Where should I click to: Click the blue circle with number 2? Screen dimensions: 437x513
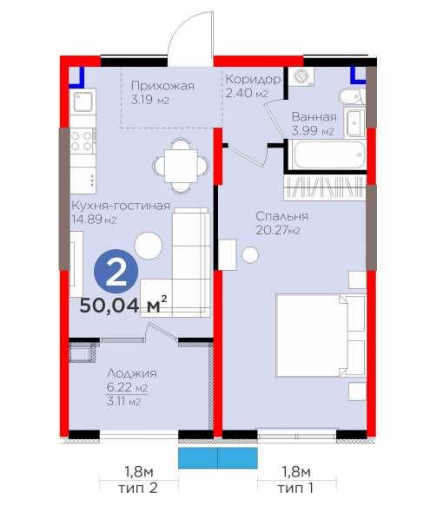click(x=116, y=272)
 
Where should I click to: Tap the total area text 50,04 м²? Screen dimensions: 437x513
click(x=123, y=305)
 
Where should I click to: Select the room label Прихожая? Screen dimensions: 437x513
click(x=162, y=86)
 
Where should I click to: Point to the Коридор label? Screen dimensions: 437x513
click(x=253, y=79)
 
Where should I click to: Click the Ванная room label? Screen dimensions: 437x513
click(x=315, y=117)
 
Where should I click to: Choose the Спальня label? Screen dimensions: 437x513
click(x=281, y=216)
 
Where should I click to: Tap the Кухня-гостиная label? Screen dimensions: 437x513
click(x=121, y=206)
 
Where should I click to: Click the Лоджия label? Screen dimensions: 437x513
click(x=132, y=373)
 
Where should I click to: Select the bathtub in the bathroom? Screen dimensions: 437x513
click(x=329, y=155)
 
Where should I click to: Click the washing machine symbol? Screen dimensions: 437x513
click(x=301, y=76)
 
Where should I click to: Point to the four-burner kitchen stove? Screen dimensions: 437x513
click(x=83, y=141)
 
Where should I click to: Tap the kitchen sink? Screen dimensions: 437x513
click(x=83, y=101)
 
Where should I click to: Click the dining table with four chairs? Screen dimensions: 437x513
click(x=181, y=166)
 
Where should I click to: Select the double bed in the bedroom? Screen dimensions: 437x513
click(x=321, y=335)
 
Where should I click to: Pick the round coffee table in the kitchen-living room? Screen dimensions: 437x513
click(x=148, y=246)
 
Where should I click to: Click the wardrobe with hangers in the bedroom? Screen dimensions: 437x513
click(x=325, y=187)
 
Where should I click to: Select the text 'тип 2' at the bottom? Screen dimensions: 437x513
click(x=138, y=488)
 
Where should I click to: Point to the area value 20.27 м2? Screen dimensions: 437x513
click(x=278, y=230)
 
